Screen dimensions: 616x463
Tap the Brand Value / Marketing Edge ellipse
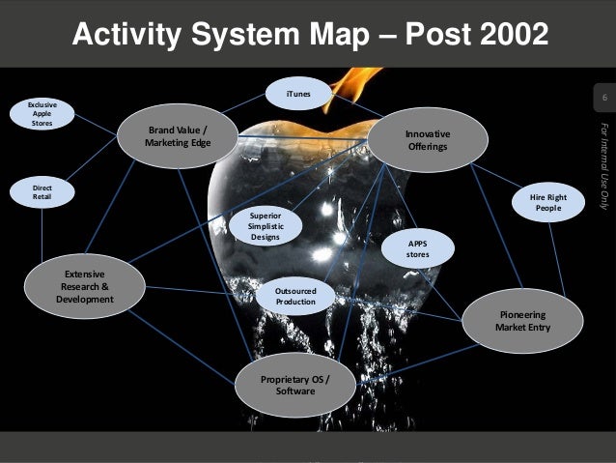coord(178,136)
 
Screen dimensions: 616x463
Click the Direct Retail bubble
coord(42,190)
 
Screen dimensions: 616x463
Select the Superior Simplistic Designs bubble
coord(265,223)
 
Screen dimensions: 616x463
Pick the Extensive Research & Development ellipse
coord(85,287)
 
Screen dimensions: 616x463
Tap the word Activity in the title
coord(126,35)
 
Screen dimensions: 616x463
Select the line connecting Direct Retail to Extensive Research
coord(42,235)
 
